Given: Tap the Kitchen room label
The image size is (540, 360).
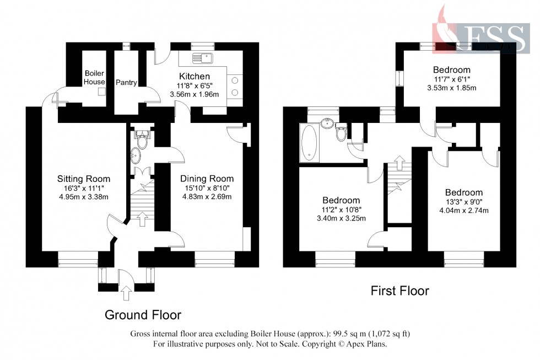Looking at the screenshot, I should [x=194, y=76].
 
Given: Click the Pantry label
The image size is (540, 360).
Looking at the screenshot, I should [x=126, y=83].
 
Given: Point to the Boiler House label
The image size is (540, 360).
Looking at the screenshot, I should [x=94, y=78].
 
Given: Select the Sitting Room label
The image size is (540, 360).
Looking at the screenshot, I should [x=84, y=179].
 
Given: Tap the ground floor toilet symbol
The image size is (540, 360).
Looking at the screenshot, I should [x=142, y=141].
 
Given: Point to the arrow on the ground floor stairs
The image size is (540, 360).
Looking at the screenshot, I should [x=142, y=219].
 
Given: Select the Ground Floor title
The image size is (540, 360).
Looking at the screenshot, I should [x=143, y=315].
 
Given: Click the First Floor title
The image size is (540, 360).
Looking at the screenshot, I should [x=399, y=291].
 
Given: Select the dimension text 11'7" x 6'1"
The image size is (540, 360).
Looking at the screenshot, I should [x=451, y=79].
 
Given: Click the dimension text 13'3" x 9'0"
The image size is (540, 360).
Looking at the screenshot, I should [x=463, y=202].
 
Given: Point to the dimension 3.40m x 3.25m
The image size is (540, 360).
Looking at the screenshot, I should [x=341, y=218].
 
